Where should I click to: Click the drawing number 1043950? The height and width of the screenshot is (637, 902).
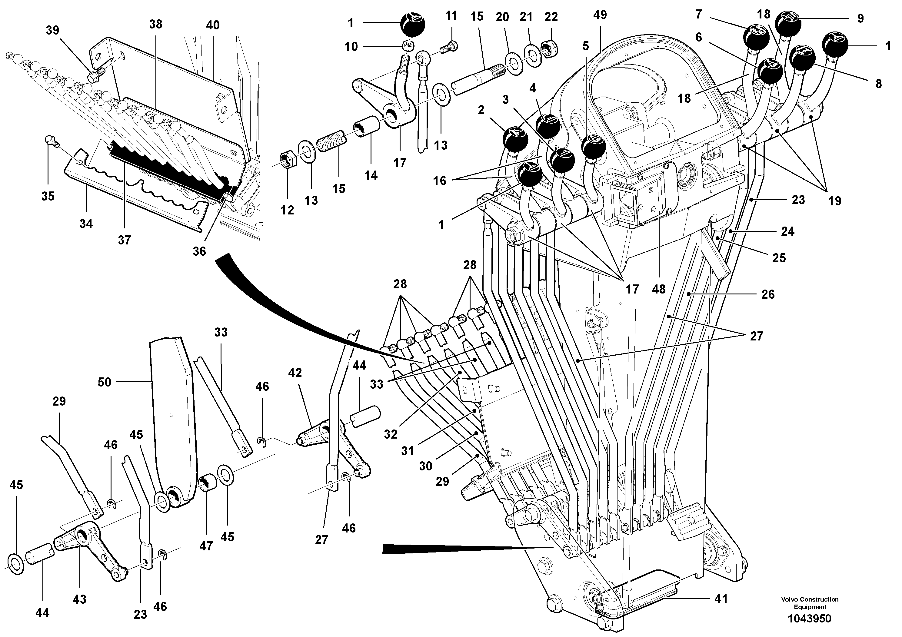point(809,619)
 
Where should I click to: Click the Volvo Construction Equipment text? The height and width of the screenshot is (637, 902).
point(809,603)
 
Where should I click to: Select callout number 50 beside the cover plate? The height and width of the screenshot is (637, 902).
point(104,382)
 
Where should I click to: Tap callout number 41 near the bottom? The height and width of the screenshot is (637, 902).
point(721,599)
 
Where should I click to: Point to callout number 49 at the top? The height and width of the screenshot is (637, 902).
point(600,15)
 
